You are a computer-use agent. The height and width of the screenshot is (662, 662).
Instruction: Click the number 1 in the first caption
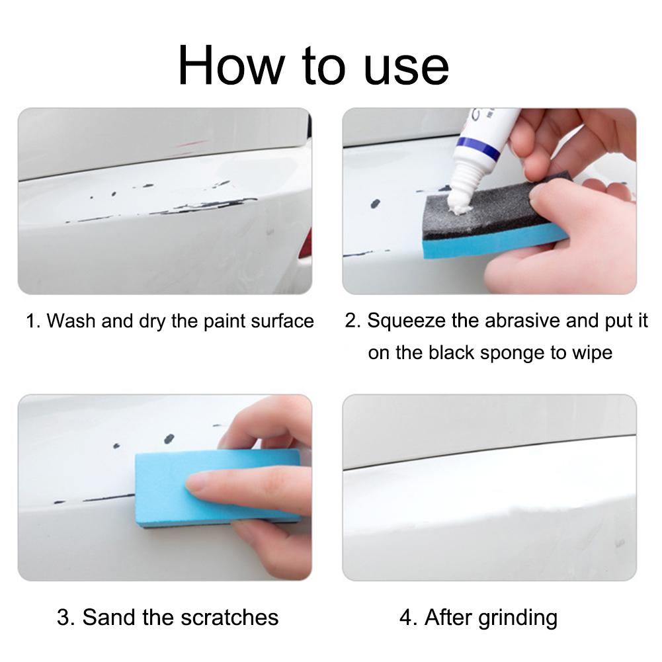[x=30, y=321]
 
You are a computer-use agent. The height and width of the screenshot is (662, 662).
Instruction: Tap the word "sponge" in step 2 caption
[x=513, y=352]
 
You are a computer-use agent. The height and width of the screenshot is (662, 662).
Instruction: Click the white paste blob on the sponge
[x=458, y=208]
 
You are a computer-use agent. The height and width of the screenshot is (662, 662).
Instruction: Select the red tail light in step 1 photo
[x=305, y=245]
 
